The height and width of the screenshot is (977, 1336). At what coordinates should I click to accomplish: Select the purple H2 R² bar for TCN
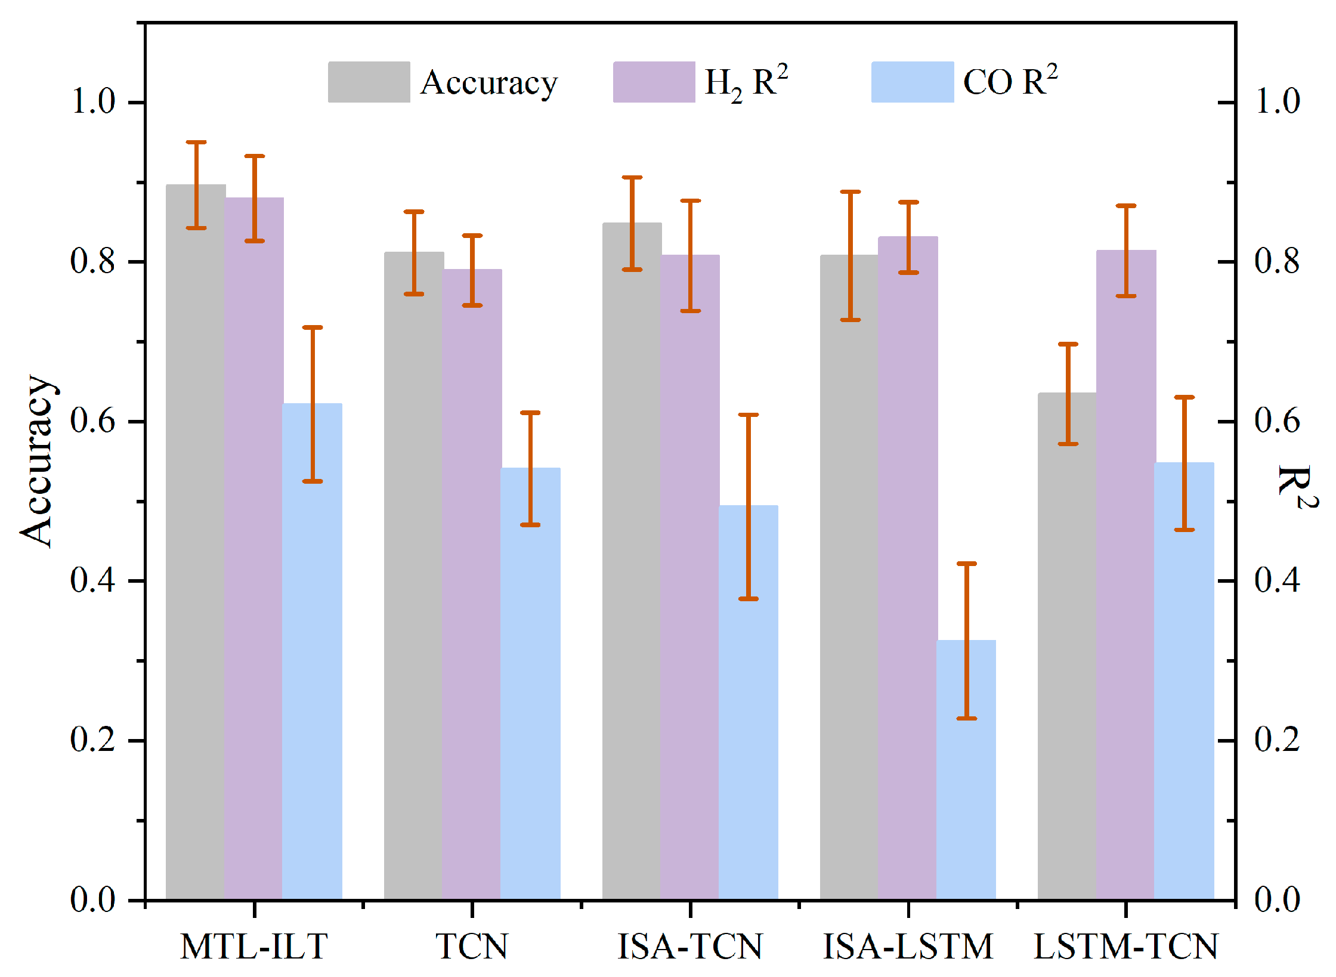[472, 584]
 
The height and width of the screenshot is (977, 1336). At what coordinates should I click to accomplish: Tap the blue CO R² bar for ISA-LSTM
[966, 769]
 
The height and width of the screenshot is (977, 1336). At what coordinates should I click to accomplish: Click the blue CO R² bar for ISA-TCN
[749, 702]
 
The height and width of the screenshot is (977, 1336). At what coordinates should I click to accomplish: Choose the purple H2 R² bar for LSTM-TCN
[1126, 574]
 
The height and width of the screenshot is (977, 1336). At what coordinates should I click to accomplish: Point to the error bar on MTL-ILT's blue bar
[313, 404]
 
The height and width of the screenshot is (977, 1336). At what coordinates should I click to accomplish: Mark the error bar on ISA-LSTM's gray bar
[851, 256]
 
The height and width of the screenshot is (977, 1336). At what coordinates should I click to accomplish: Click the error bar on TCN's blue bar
[530, 469]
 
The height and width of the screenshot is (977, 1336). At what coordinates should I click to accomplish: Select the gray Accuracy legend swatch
[369, 82]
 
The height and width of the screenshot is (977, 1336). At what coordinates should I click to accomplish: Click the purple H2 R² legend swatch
[654, 82]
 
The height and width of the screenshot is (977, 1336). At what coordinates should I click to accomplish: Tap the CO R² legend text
[1010, 81]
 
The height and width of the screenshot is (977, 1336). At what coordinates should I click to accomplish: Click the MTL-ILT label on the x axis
[254, 946]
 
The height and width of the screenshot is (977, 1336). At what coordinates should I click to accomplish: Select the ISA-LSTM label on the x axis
[908, 946]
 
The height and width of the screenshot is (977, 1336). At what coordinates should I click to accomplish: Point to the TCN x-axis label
[472, 946]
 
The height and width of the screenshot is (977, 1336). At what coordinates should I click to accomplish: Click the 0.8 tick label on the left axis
[92, 261]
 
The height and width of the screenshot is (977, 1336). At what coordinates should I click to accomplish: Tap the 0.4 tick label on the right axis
[1277, 580]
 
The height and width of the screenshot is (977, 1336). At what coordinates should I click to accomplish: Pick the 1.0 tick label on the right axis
[1277, 101]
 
